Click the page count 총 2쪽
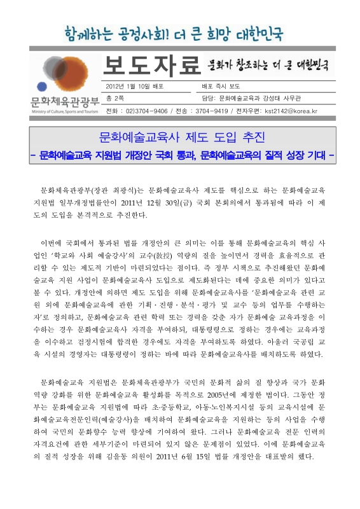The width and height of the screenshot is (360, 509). [x=116, y=98]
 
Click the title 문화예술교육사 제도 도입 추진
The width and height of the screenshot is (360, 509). [x=182, y=137]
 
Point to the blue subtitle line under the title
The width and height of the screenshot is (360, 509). [x=182, y=155]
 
